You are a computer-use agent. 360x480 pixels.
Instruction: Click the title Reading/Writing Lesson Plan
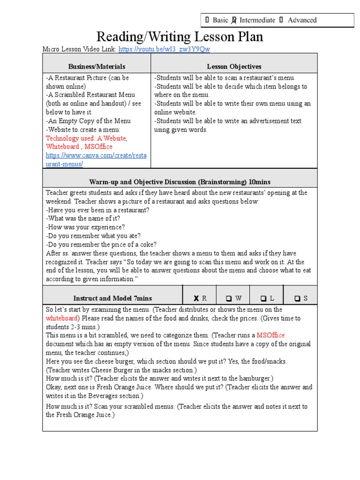(x=180, y=37)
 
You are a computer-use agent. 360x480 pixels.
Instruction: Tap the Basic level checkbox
(x=207, y=20)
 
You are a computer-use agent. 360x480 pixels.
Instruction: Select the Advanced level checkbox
(x=281, y=20)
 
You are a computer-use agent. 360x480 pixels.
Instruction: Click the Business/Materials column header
(x=97, y=67)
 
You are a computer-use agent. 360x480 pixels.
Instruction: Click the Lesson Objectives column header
(x=234, y=67)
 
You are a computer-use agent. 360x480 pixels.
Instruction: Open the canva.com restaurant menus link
(x=96, y=159)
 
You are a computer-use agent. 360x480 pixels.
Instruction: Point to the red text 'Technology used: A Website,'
(x=86, y=138)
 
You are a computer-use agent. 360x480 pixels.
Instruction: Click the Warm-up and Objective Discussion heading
(x=180, y=182)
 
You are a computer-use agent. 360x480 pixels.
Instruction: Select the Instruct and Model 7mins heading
(x=112, y=298)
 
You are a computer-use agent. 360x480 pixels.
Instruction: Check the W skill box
(x=229, y=298)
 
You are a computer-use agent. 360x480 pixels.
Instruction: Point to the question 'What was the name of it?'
(x=83, y=218)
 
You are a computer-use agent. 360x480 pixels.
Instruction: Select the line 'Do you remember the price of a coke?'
(x=101, y=244)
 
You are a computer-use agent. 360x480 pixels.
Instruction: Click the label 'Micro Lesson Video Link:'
(x=79, y=49)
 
